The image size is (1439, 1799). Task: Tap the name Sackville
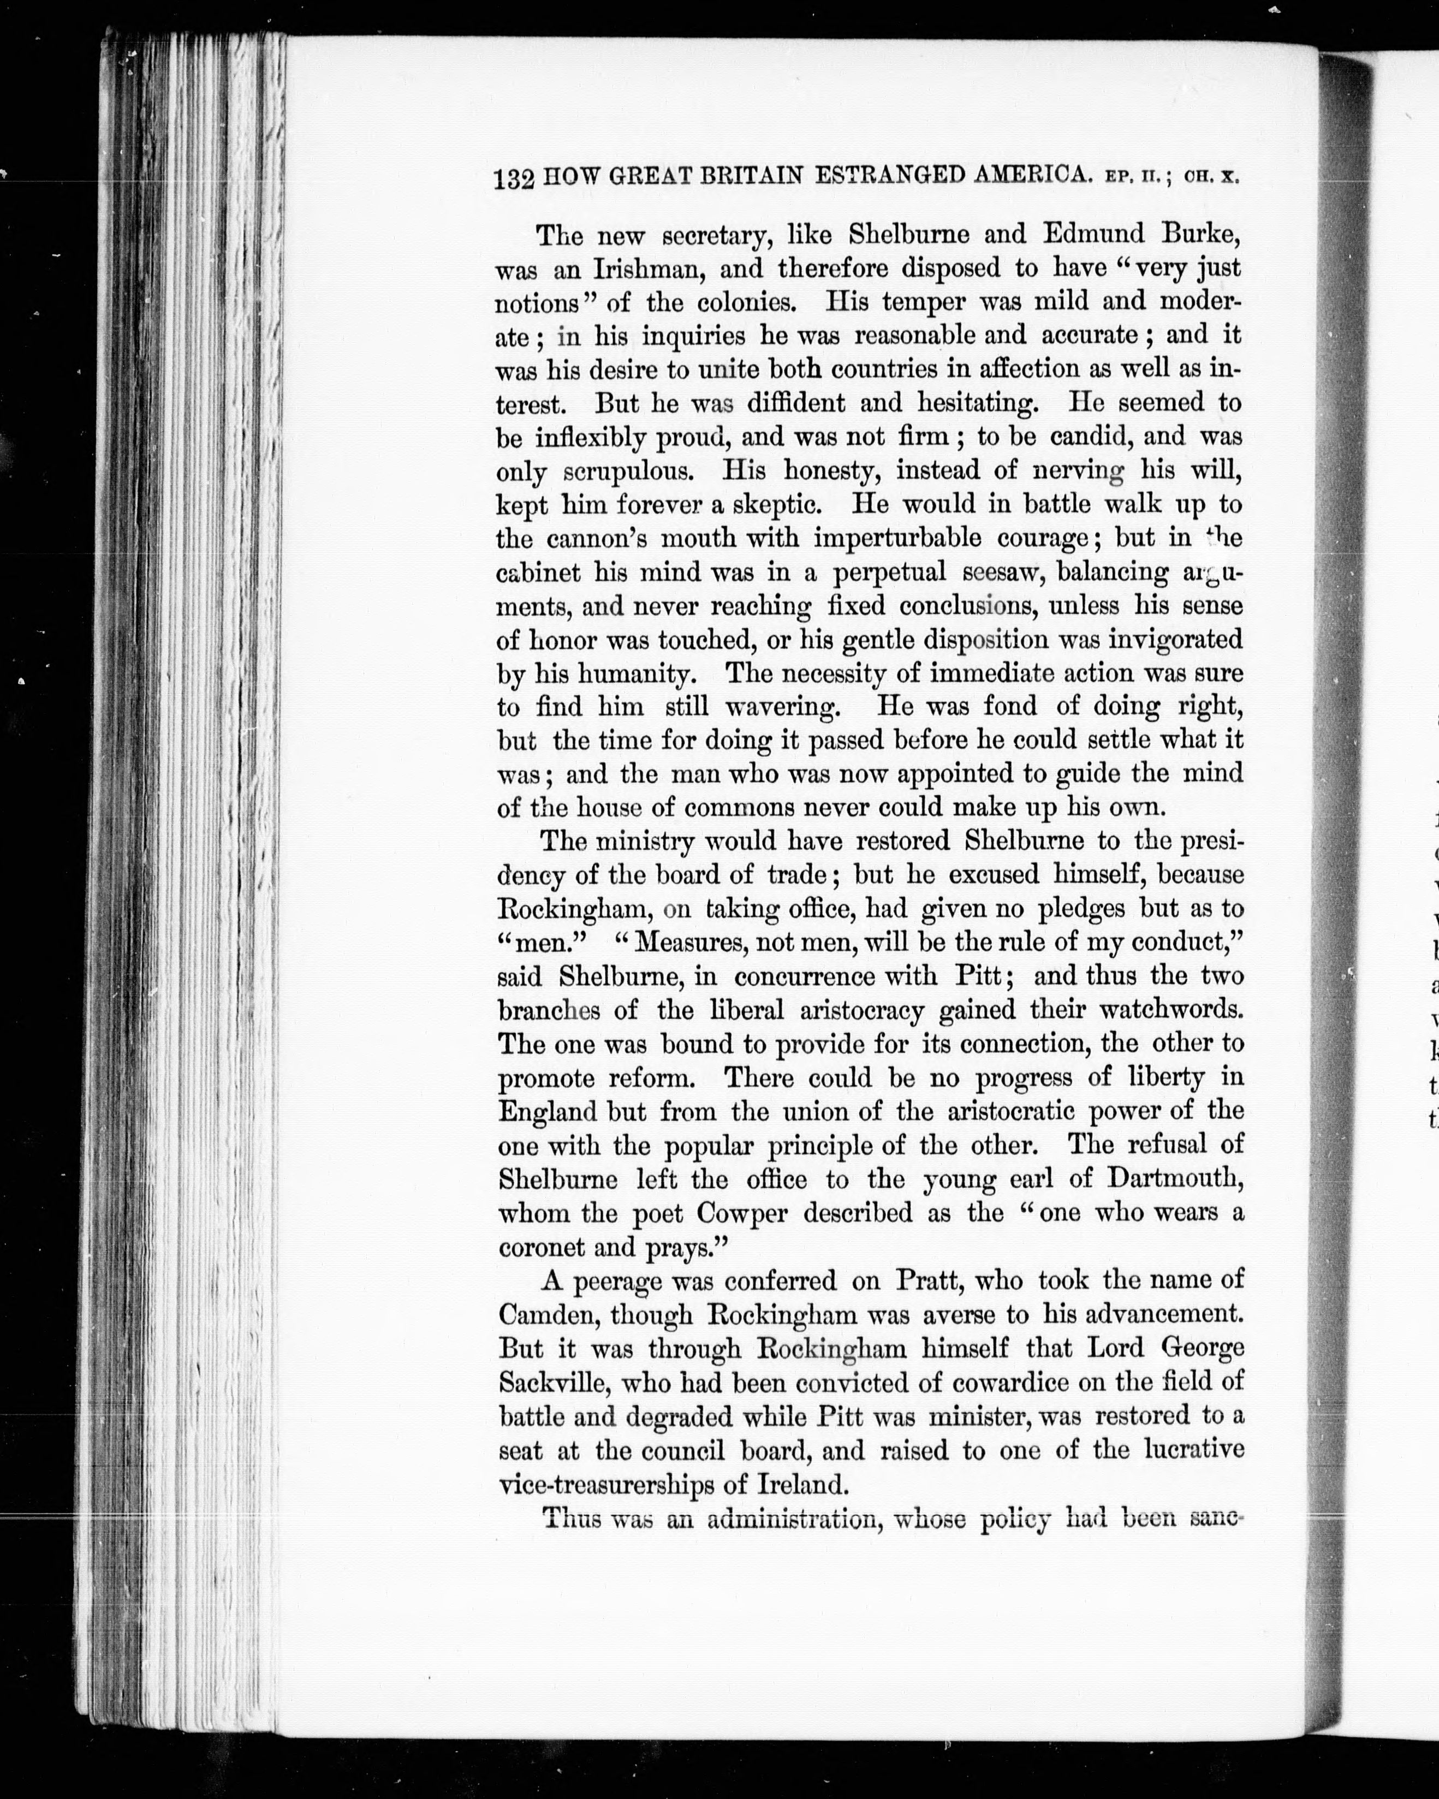[549, 1383]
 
